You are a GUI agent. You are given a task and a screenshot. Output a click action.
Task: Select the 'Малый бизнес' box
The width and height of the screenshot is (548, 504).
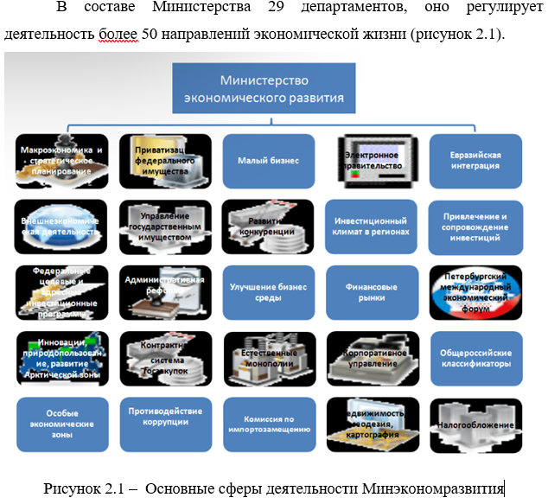pyautogui.click(x=268, y=161)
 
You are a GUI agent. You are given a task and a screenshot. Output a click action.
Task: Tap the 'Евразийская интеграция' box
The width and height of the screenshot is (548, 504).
pyautogui.click(x=475, y=161)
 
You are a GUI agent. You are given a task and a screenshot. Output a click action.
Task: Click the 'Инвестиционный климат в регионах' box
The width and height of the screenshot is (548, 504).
pyautogui.click(x=371, y=226)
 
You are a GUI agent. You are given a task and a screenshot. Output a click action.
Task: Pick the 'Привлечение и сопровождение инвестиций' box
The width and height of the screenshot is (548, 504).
pyautogui.click(x=475, y=226)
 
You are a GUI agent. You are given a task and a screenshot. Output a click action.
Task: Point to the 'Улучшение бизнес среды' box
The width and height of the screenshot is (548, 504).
pyautogui.click(x=268, y=291)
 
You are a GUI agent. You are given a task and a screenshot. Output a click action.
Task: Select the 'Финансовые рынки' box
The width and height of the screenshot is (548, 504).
pyautogui.click(x=371, y=291)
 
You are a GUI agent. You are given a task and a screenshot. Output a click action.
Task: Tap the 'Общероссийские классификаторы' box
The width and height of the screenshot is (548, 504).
pyautogui.click(x=475, y=358)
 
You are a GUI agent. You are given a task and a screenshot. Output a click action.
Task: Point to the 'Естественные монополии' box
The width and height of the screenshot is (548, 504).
pyautogui.click(x=268, y=358)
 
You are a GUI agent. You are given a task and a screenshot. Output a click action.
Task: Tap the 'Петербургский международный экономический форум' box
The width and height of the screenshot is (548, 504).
pyautogui.click(x=475, y=291)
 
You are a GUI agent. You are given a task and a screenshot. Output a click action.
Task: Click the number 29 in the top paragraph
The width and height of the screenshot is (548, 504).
pyautogui.click(x=271, y=10)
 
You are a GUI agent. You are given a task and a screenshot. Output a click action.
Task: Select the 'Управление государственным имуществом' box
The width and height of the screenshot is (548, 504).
pyautogui.click(x=165, y=226)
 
